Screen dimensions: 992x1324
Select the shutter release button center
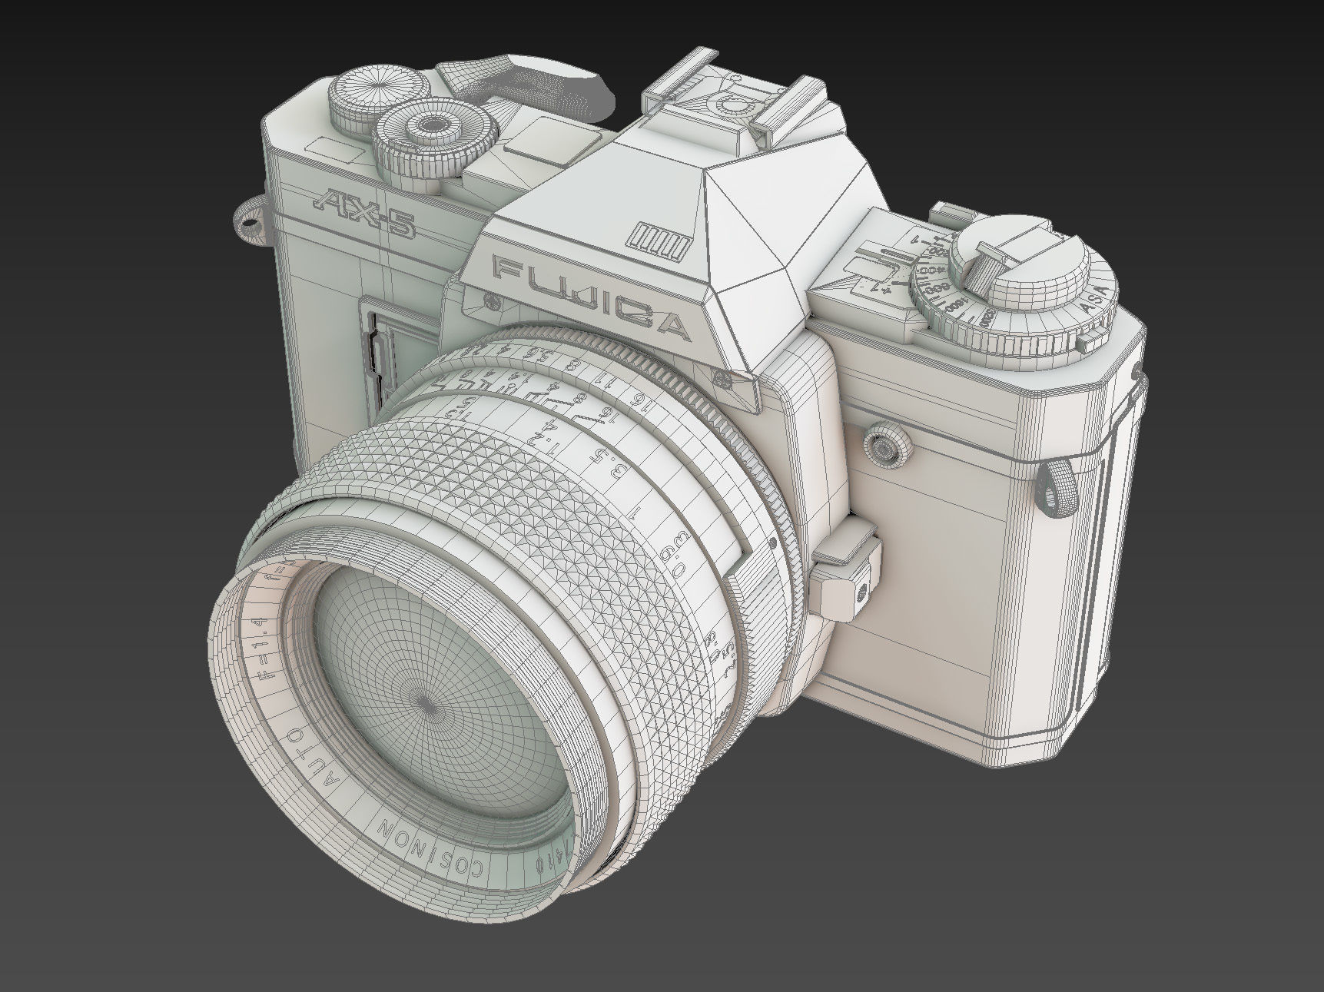(432, 123)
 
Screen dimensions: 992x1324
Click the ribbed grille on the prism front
(658, 240)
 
